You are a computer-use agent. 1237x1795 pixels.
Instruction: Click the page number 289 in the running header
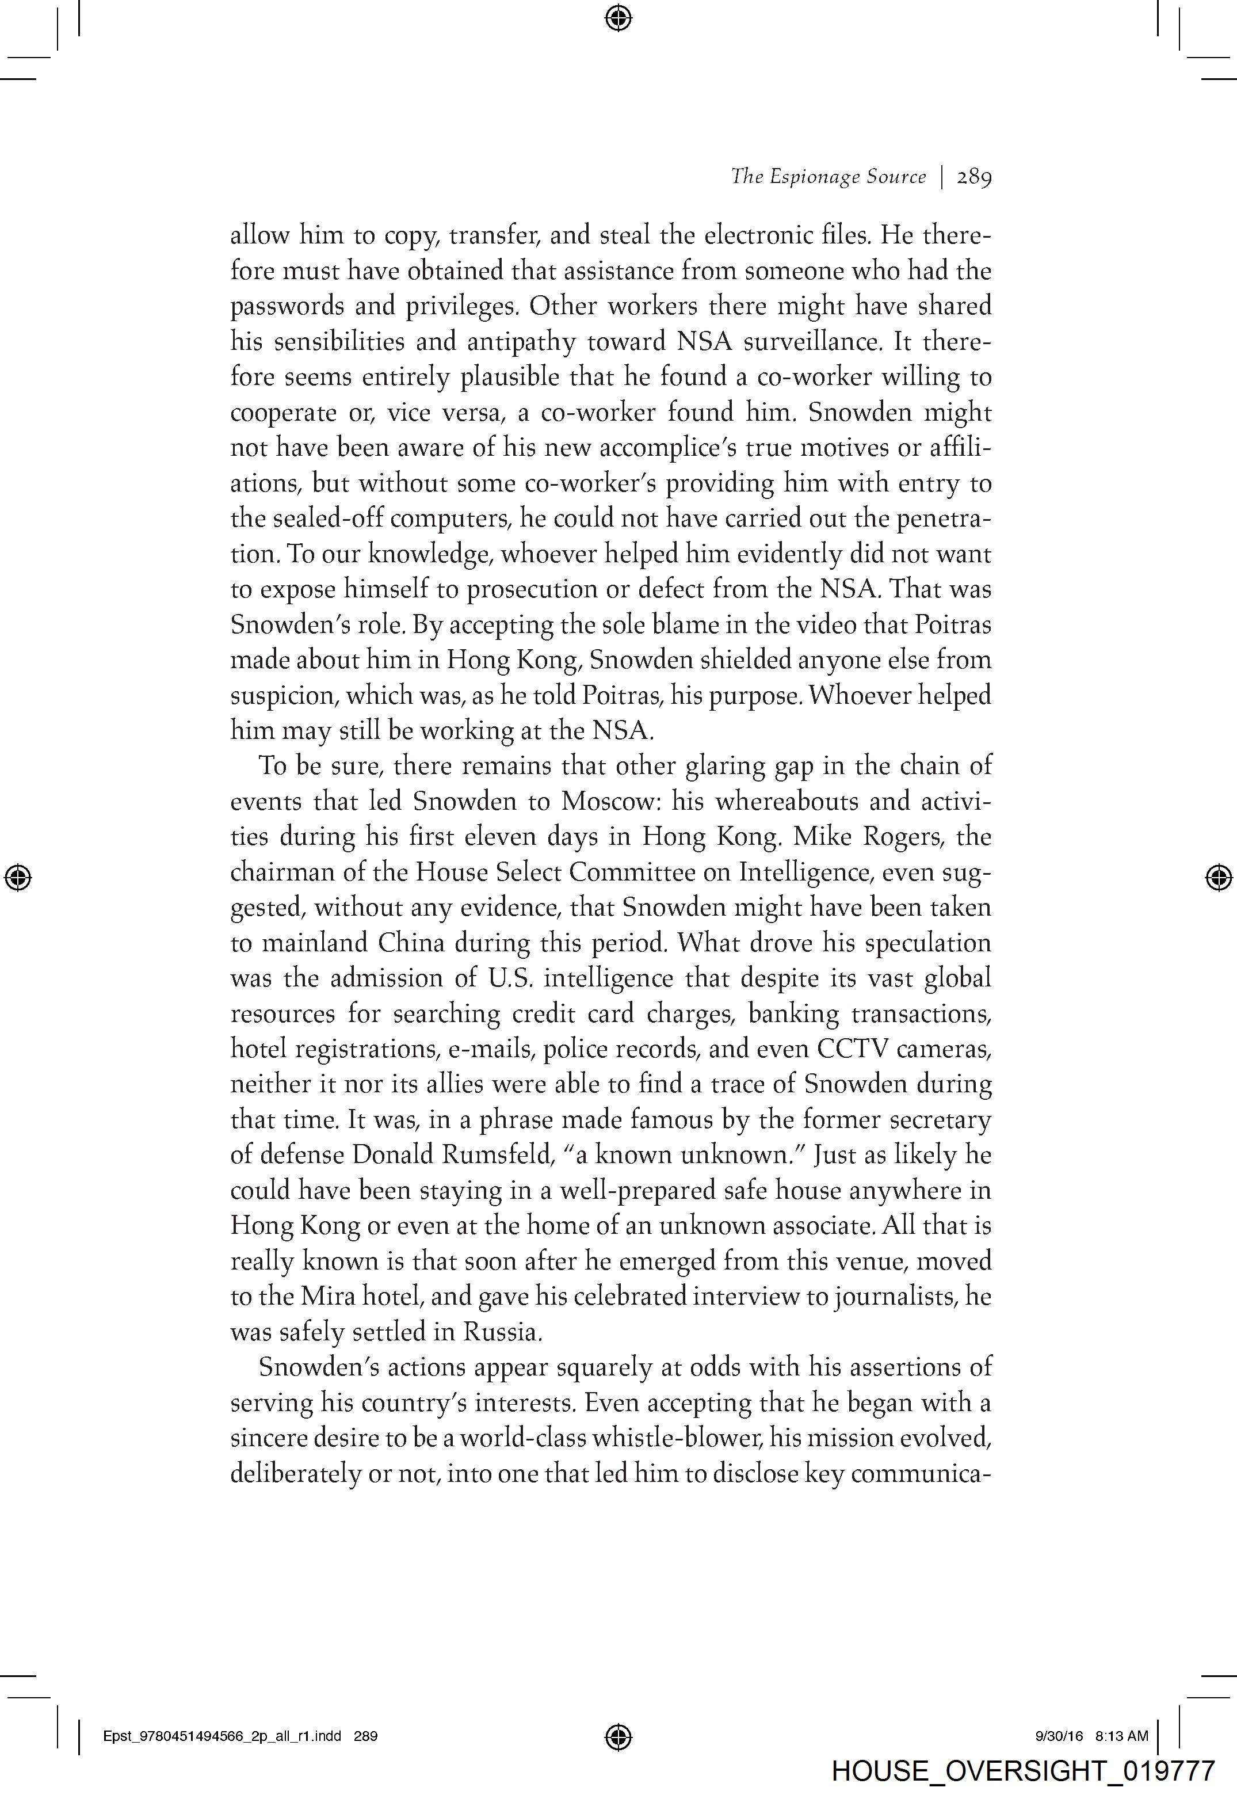pos(974,177)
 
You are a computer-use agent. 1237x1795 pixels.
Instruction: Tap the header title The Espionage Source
pos(828,177)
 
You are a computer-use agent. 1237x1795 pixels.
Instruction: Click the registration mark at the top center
pos(618,17)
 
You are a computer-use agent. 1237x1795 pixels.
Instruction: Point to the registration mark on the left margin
pos(18,877)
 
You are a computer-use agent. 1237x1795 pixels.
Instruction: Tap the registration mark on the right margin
pos(1219,877)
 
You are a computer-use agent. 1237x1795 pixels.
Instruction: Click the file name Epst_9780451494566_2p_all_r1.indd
pos(222,1736)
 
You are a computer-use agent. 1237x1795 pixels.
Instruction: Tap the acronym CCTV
pos(852,1049)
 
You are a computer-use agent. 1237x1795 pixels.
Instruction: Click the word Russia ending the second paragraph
pos(501,1332)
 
